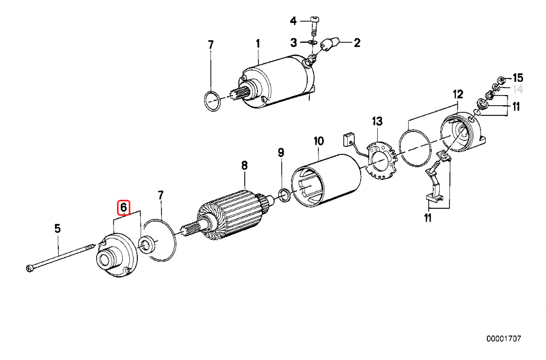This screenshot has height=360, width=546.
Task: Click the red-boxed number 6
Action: point(123,207)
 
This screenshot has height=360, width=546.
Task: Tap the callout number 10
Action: point(318,141)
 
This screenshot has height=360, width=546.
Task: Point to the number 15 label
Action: point(518,78)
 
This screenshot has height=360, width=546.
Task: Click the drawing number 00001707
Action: point(503,339)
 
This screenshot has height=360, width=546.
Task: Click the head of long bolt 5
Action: point(29,268)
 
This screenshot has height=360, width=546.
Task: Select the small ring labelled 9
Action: point(285,196)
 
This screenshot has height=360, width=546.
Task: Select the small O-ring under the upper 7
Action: point(212,101)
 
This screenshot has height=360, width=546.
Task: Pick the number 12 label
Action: point(458,95)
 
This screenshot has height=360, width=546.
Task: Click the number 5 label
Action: point(57,229)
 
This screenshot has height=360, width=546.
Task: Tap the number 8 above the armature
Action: point(244,166)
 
